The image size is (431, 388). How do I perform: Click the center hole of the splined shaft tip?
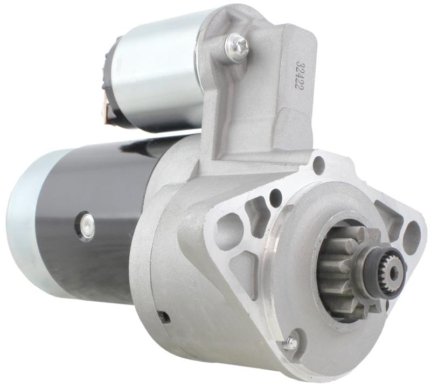pos(393,274)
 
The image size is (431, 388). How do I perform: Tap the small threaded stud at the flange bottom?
pos(292,341)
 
